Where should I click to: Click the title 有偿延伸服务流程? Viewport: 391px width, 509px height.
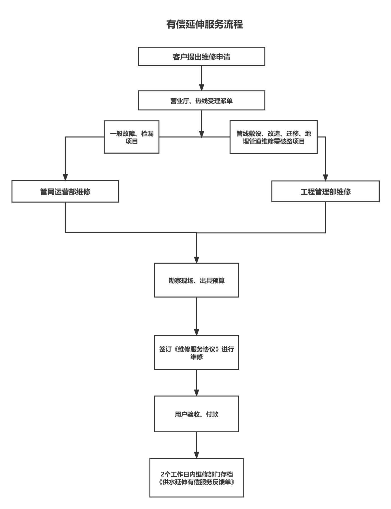point(204,24)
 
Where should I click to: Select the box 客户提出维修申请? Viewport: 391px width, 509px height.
point(201,57)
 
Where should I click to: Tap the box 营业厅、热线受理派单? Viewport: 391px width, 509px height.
point(201,100)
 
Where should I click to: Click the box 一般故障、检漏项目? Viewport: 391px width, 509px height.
point(132,137)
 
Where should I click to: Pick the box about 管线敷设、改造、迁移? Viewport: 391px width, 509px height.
point(274,137)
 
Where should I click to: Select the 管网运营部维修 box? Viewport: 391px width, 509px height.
point(65,192)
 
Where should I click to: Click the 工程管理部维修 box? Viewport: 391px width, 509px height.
point(326,192)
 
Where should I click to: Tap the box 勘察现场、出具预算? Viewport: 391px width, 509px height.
point(196,280)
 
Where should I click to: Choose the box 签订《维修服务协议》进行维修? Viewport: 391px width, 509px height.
point(196,353)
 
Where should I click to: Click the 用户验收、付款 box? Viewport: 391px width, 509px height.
point(196,414)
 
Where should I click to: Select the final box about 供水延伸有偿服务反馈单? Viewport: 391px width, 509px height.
point(196,478)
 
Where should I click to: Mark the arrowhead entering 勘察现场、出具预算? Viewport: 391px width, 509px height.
point(196,259)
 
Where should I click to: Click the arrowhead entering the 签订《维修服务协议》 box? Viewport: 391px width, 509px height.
point(196,332)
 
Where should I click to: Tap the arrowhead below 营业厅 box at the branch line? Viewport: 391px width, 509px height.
point(202,134)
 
